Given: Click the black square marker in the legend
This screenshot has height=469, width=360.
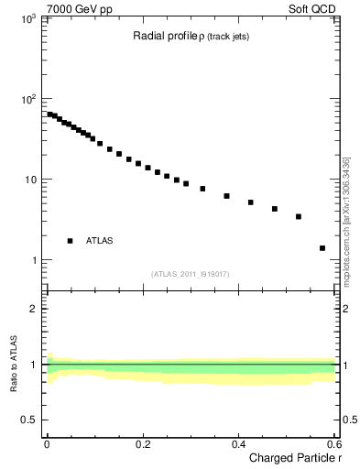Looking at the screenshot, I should click(x=70, y=241).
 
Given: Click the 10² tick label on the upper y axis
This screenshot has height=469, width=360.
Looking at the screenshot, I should click(x=29, y=99).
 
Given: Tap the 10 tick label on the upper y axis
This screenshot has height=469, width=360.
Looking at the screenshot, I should click(x=31, y=180).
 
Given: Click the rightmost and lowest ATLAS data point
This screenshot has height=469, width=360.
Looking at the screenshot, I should click(x=322, y=248).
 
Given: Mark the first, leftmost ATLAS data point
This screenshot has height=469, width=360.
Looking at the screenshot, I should click(x=49, y=115).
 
